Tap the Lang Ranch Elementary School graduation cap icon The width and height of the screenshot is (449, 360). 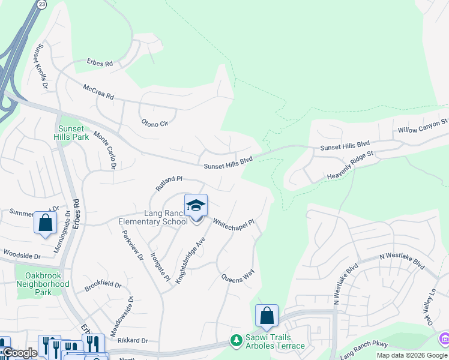196,206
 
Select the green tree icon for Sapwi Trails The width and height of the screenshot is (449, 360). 237,341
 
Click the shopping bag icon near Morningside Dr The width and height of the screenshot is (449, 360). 45,223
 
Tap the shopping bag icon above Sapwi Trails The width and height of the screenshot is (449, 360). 267,316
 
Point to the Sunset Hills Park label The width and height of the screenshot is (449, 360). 73,133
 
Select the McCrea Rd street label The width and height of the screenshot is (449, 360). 98,92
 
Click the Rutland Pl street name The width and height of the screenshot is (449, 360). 169,183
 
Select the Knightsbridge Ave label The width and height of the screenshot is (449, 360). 190,259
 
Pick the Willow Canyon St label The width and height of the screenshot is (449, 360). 423,125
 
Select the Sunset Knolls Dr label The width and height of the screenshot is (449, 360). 42,66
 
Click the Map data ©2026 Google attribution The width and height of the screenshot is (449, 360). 411,355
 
